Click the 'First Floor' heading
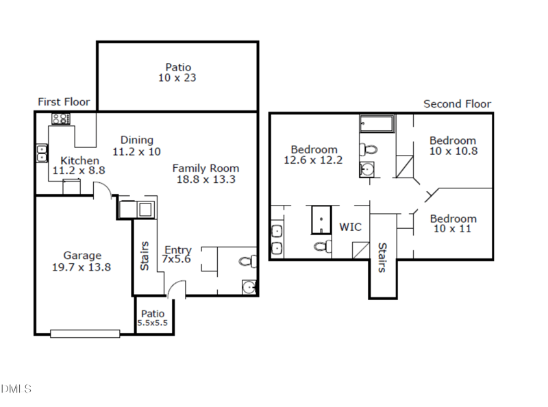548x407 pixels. tap(64, 101)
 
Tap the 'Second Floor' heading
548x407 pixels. tap(457, 104)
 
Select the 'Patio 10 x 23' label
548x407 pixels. tap(177, 73)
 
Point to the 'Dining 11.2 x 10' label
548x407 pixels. tap(137, 145)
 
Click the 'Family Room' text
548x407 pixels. tap(206, 168)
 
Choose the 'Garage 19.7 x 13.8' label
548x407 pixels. tap(82, 261)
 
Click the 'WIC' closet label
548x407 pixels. tap(351, 227)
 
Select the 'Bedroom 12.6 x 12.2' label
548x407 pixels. tap(314, 155)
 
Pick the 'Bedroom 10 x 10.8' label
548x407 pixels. tap(453, 145)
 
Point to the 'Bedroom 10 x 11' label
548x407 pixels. tap(453, 223)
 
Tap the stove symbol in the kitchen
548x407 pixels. tap(62, 119)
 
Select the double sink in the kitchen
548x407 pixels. tap(42, 153)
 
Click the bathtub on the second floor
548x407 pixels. tap(377, 125)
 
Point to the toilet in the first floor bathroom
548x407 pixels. tap(249, 261)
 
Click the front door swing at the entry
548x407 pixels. tap(177, 289)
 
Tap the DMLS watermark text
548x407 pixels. tap(16, 389)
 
